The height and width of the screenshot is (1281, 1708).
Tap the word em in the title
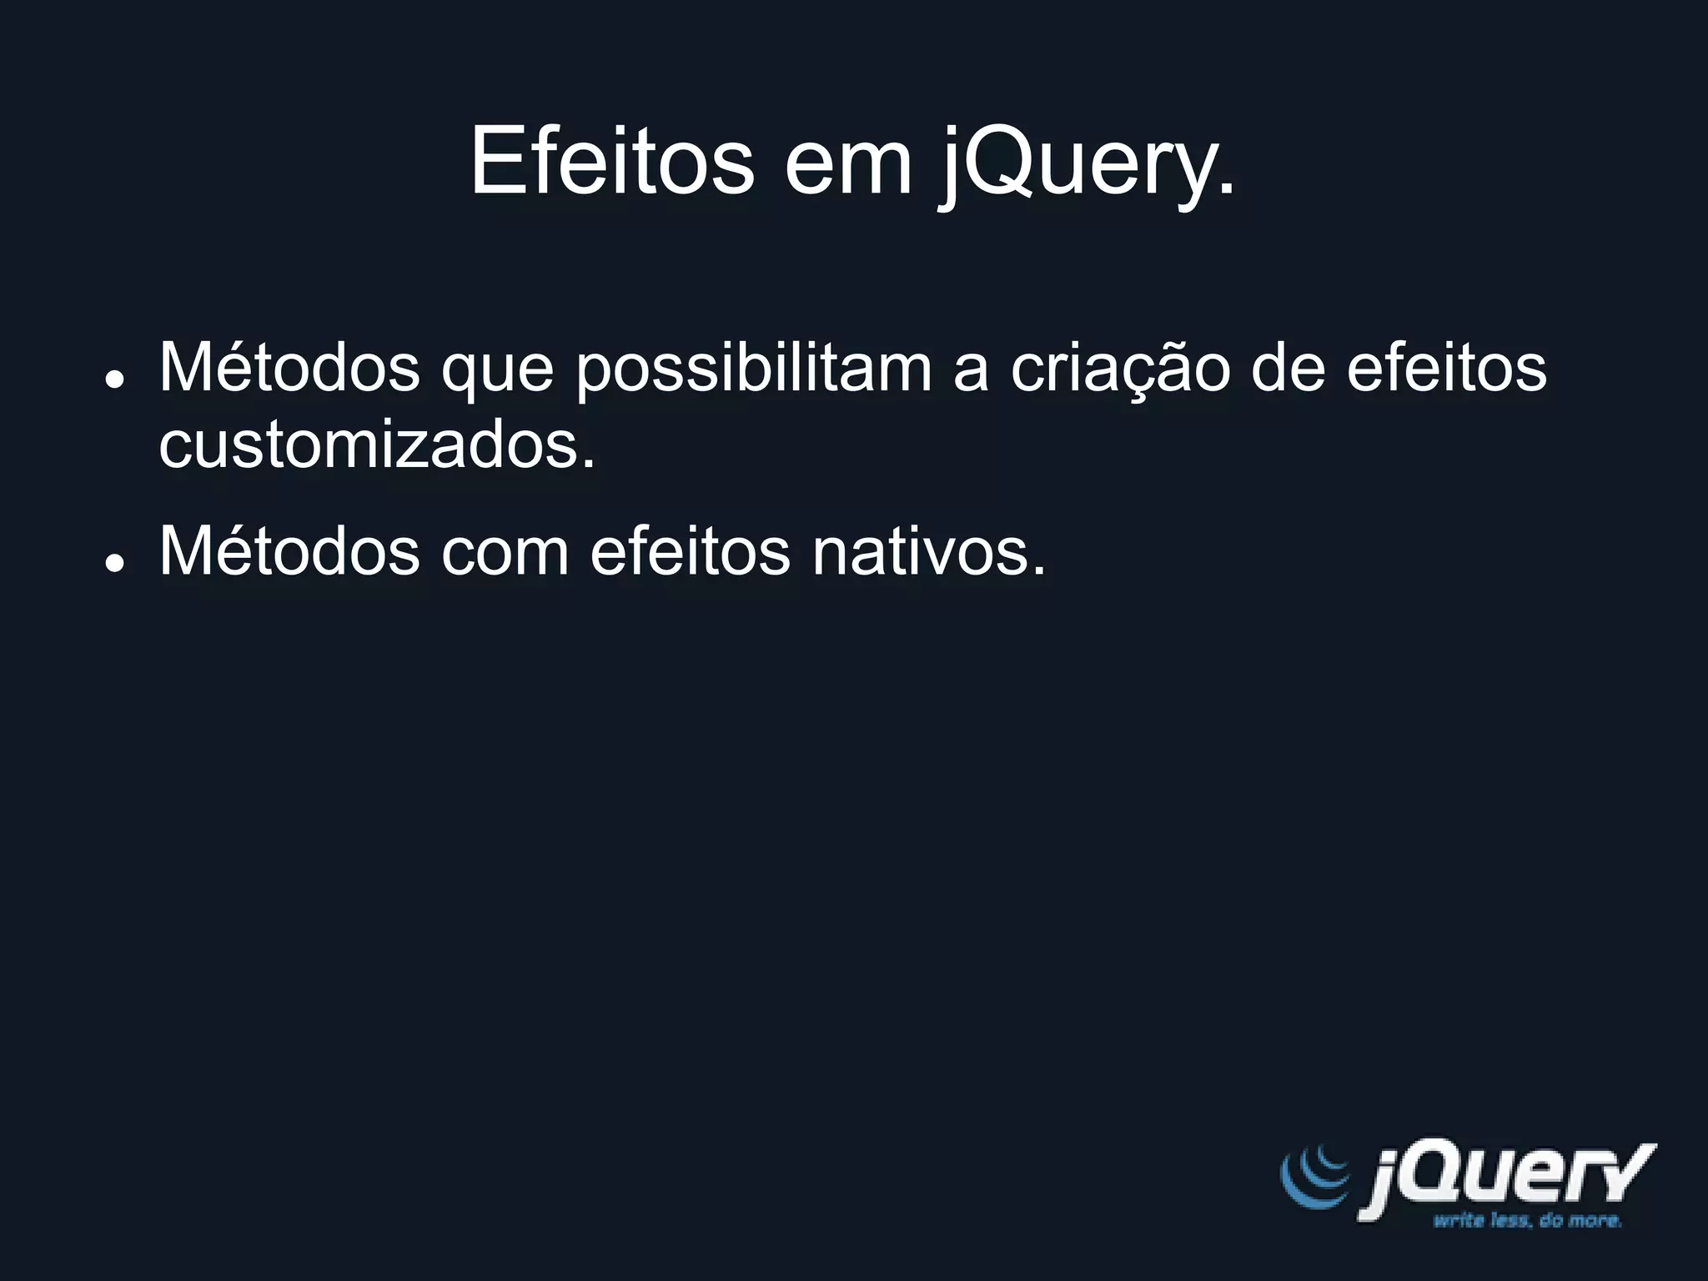click(x=848, y=162)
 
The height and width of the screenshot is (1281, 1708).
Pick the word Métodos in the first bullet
click(x=289, y=367)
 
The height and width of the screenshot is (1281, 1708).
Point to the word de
click(x=1288, y=367)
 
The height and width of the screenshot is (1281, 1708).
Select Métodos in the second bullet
click(x=289, y=551)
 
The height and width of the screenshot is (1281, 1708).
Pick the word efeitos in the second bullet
click(x=690, y=551)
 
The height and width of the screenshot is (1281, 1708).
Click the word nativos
click(x=928, y=551)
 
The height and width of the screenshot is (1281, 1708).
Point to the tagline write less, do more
click(x=1527, y=1222)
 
